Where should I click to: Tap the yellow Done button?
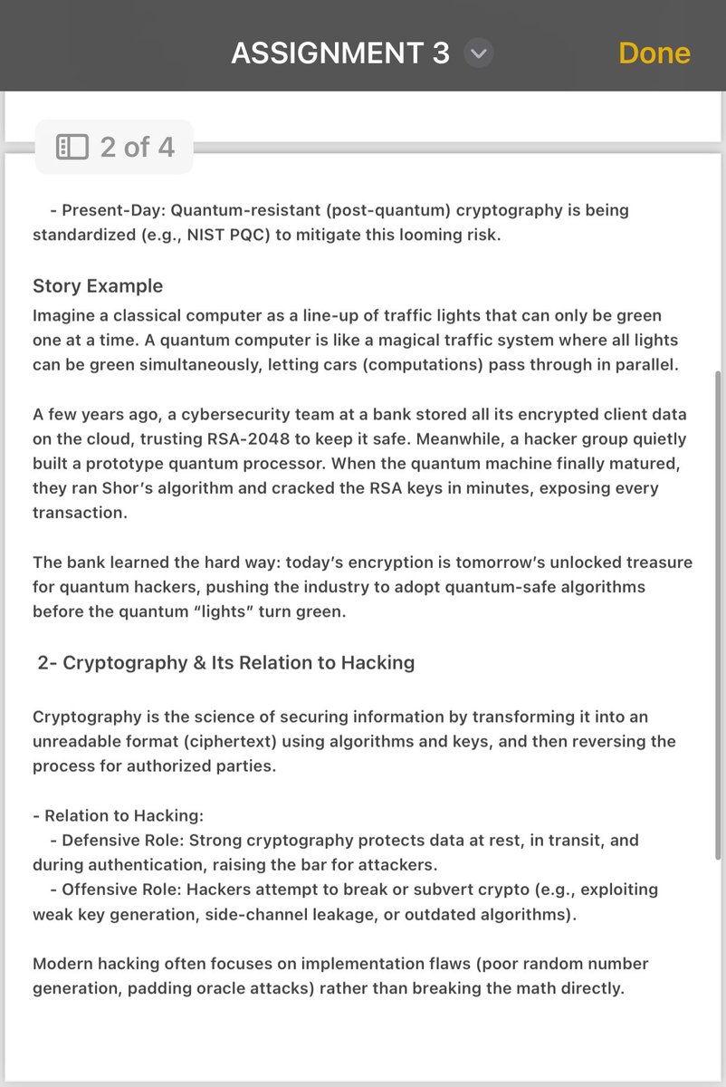tap(654, 53)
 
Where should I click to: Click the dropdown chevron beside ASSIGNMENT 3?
tap(479, 54)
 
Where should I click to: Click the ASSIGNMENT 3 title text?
tap(339, 54)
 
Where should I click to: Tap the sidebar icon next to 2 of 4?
tap(72, 147)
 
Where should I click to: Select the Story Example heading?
tap(98, 286)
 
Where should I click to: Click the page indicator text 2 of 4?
tap(137, 147)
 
